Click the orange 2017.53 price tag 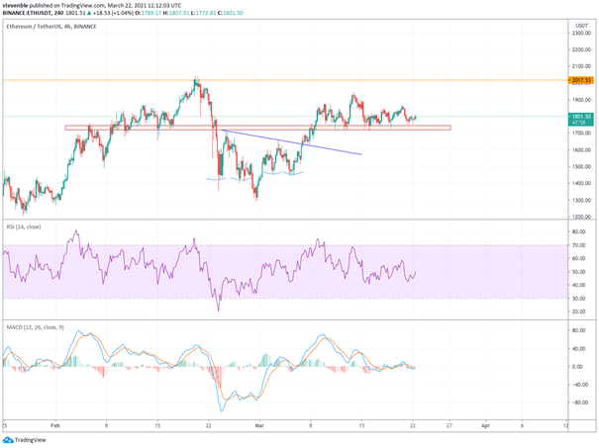(581, 80)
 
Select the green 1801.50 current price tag (581, 117)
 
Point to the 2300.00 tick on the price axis (581, 34)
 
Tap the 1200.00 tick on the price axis (581, 216)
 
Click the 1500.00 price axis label (581, 166)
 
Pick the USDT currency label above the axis (581, 23)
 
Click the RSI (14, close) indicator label (24, 227)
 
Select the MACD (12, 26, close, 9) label (35, 326)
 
